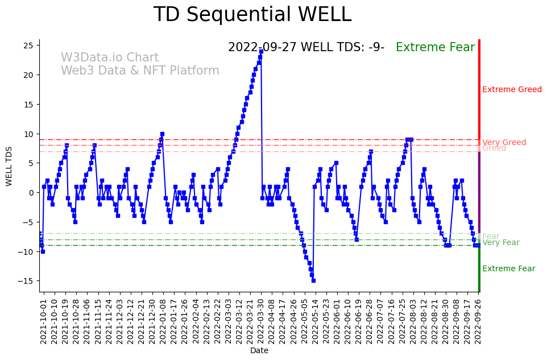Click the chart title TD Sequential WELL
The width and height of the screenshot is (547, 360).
(252, 15)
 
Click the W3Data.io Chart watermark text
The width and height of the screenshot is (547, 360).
(110, 57)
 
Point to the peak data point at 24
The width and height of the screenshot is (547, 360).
(261, 51)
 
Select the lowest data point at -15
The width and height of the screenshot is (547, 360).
(313, 280)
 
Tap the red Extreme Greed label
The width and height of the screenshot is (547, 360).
(512, 89)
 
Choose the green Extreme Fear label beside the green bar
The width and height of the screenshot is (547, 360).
(508, 268)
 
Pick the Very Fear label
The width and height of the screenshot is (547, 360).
(500, 242)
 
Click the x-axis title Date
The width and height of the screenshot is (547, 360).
(259, 351)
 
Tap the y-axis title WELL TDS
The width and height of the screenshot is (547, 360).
(9, 166)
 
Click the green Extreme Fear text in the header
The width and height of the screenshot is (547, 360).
(435, 47)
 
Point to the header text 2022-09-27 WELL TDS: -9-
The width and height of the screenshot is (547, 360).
(306, 47)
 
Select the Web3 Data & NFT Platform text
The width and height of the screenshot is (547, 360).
(140, 71)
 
